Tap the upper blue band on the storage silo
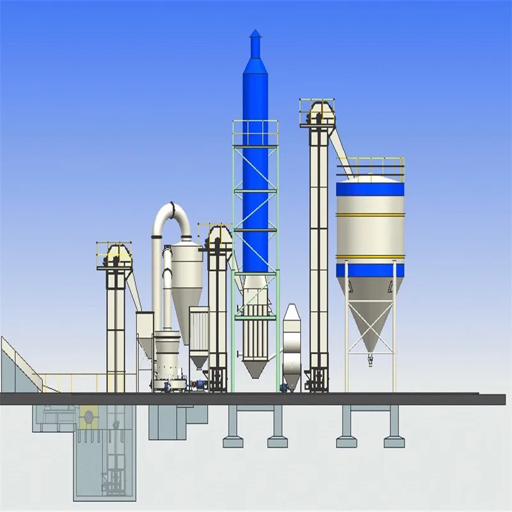click(370, 189)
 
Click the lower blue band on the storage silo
click(370, 270)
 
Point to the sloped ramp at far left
click(19, 365)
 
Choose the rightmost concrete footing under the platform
click(393, 442)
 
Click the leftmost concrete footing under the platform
click(233, 442)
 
